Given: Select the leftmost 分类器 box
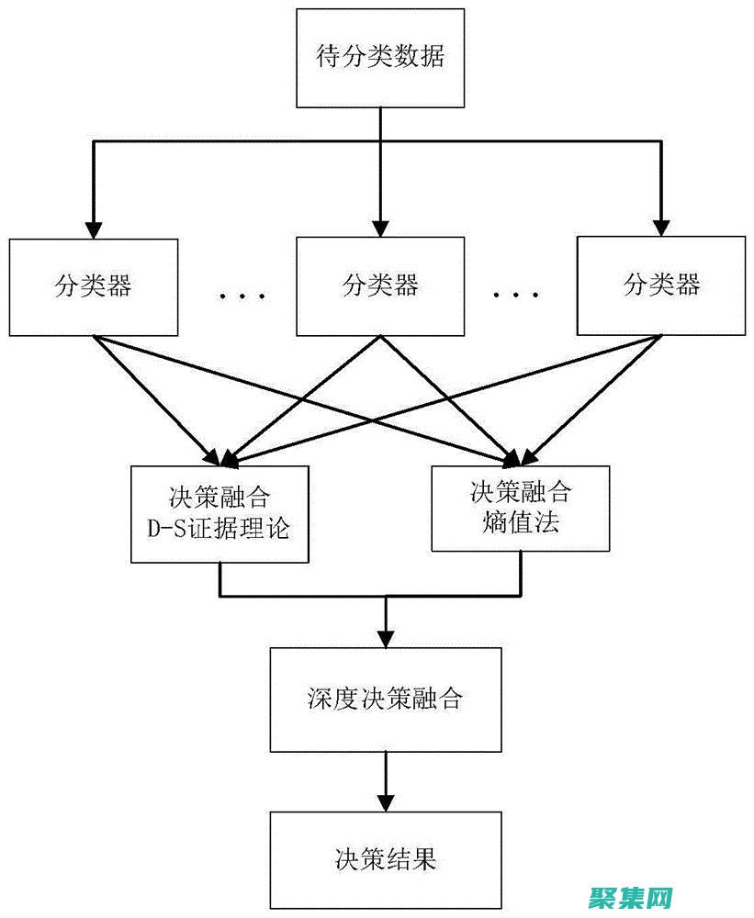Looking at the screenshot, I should point(94,285).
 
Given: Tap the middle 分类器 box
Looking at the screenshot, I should point(380,285).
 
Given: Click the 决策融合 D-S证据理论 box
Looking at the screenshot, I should point(219,514).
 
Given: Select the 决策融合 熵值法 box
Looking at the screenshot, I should point(520,507).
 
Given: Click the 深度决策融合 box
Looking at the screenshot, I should point(386,700).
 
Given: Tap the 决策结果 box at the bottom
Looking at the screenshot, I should point(386,859).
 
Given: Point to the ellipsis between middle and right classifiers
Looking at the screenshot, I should point(515,296).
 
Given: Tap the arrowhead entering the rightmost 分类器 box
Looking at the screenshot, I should point(659,226).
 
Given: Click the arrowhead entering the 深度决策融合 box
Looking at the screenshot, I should point(386,637).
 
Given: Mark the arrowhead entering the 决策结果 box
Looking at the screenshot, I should point(386,800).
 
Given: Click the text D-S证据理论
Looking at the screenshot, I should point(219,530).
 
